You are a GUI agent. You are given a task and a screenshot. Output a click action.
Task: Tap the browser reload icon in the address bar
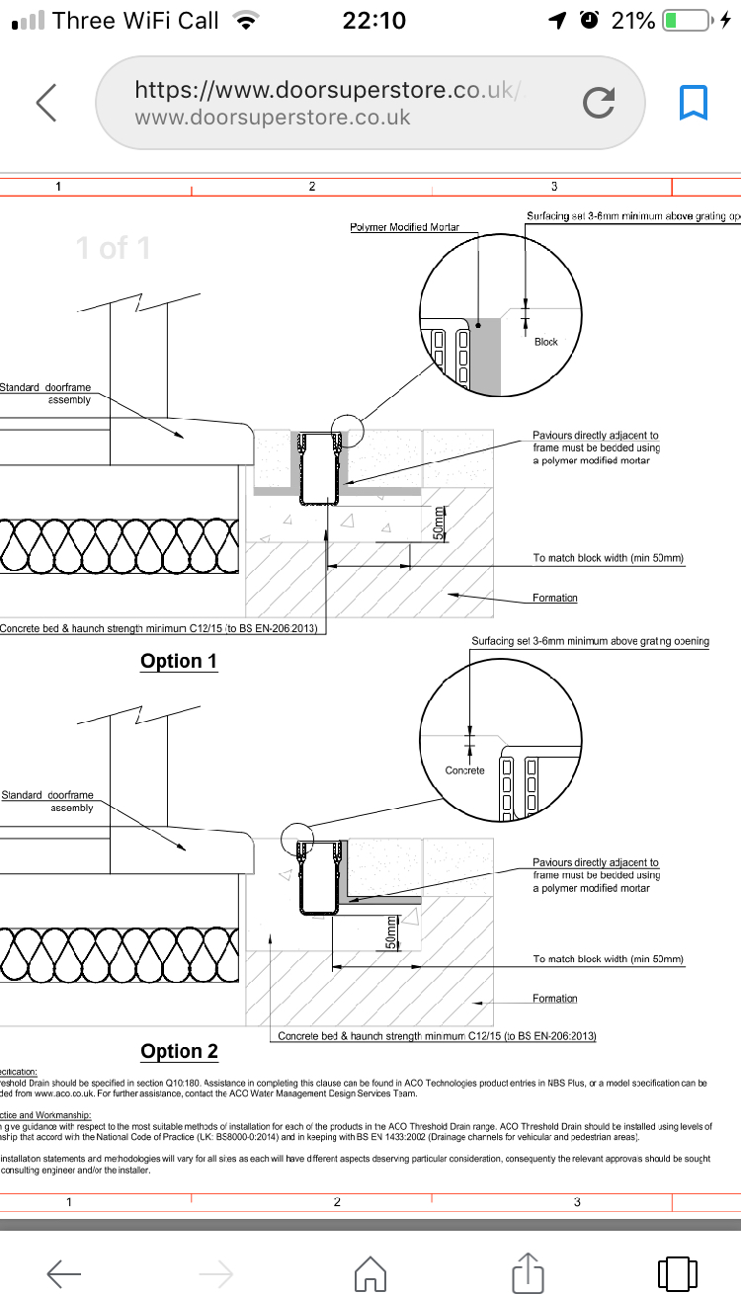click(x=599, y=103)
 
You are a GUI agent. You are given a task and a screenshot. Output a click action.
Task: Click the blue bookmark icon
click(x=693, y=103)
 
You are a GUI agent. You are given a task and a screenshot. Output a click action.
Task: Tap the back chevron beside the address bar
click(x=45, y=103)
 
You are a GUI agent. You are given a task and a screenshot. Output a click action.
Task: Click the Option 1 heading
click(x=179, y=661)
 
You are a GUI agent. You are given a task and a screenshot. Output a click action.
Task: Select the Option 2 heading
click(x=179, y=1051)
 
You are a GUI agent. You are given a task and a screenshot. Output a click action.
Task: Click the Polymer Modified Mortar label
click(x=405, y=227)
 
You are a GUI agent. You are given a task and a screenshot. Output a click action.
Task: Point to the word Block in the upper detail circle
click(x=546, y=342)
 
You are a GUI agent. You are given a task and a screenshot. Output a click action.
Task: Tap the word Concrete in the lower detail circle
click(x=465, y=770)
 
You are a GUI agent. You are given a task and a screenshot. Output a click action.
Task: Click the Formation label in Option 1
click(x=555, y=598)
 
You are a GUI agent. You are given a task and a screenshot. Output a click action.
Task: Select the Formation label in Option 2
click(x=555, y=999)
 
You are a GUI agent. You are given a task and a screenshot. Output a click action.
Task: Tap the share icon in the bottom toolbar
click(x=529, y=1270)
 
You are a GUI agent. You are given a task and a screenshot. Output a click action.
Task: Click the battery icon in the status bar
click(x=686, y=21)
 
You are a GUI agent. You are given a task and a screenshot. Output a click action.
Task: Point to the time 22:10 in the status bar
click(x=373, y=21)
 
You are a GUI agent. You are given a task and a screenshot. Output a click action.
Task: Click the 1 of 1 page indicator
click(x=114, y=248)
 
